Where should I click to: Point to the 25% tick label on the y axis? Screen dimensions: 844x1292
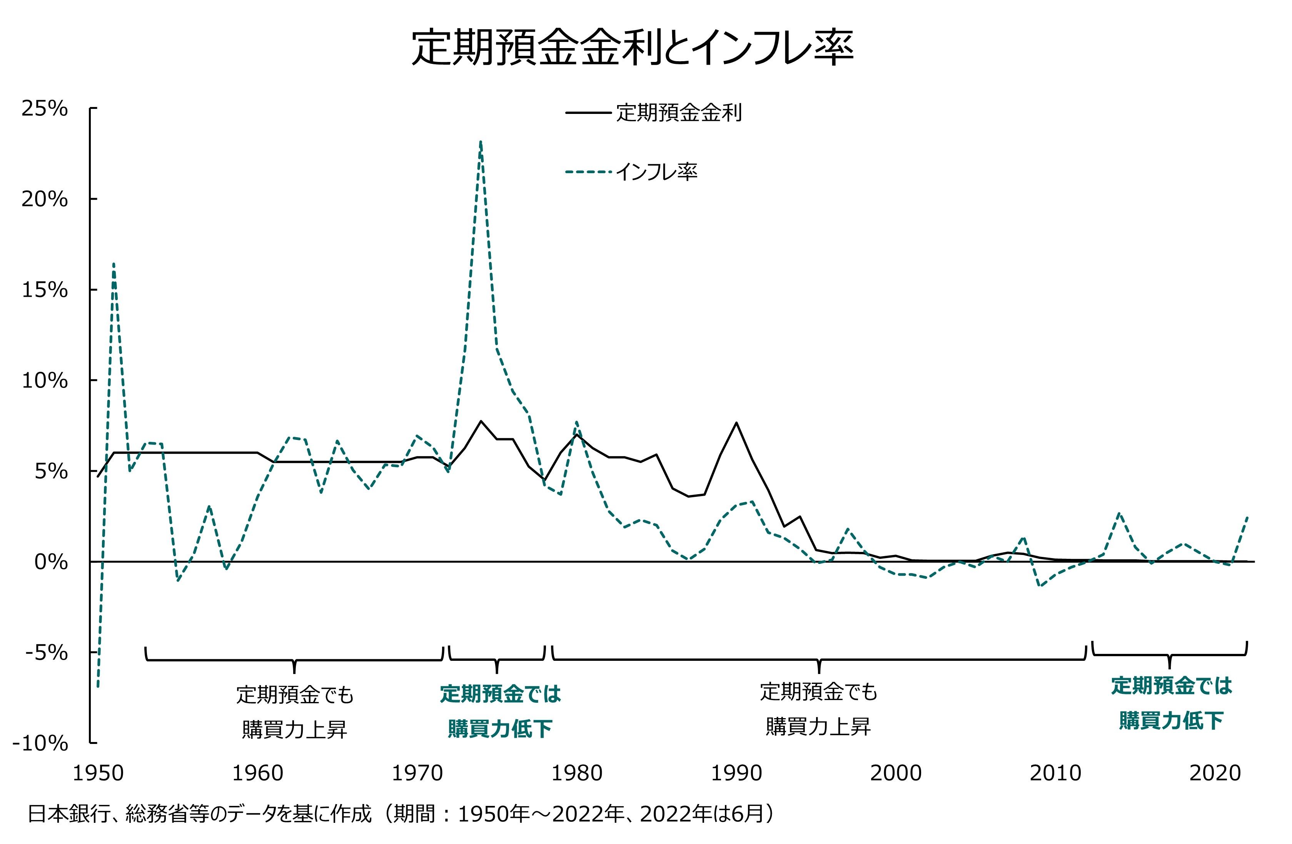point(45,109)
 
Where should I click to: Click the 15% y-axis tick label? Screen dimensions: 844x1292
point(45,290)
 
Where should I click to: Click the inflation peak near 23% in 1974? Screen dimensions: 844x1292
point(481,142)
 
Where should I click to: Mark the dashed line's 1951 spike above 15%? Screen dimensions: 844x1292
point(114,264)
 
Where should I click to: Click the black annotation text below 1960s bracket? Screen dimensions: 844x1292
point(294,712)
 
